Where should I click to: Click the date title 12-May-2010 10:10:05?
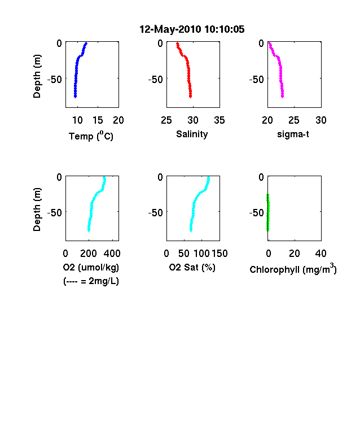coord(192,29)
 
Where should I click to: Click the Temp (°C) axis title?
coord(91,136)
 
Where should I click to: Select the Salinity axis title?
coord(192,134)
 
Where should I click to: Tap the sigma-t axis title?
coord(293,134)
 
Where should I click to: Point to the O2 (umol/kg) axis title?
coord(91,267)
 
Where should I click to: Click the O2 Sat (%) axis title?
coord(192,267)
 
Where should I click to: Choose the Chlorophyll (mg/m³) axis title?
coord(293,268)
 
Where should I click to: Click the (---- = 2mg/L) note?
coord(91,281)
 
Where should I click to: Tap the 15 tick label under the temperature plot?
coord(98,120)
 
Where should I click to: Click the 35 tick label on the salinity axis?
coord(219,120)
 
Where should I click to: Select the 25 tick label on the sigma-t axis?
coord(294,120)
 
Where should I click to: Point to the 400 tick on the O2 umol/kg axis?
coord(112,254)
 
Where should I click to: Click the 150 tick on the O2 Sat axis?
coord(219,254)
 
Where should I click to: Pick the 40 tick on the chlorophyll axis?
coord(321,254)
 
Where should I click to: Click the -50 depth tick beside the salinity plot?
coord(155,80)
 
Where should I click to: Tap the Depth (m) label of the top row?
coord(37,76)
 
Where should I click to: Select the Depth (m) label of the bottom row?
coord(37,210)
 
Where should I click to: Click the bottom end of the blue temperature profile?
coord(76,97)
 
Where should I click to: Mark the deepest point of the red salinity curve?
coord(191,97)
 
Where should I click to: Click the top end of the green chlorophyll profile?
coord(267,195)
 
